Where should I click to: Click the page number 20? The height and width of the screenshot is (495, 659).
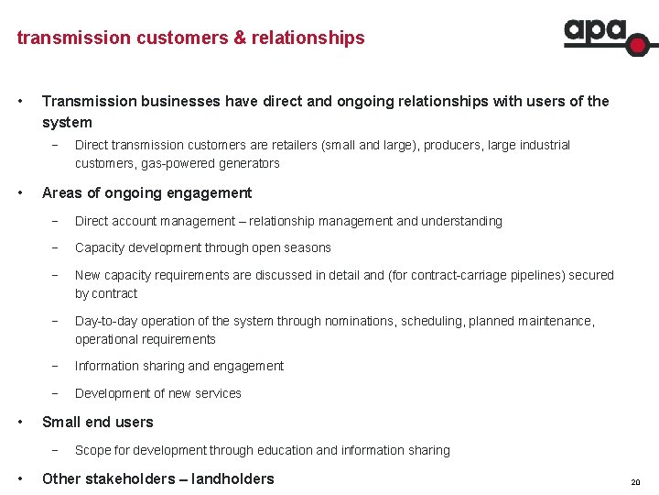click(635, 482)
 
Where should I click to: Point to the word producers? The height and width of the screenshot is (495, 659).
click(457, 145)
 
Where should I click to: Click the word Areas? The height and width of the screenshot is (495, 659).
click(63, 192)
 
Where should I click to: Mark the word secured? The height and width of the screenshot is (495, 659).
click(590, 275)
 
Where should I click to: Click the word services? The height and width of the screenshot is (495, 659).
click(217, 393)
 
